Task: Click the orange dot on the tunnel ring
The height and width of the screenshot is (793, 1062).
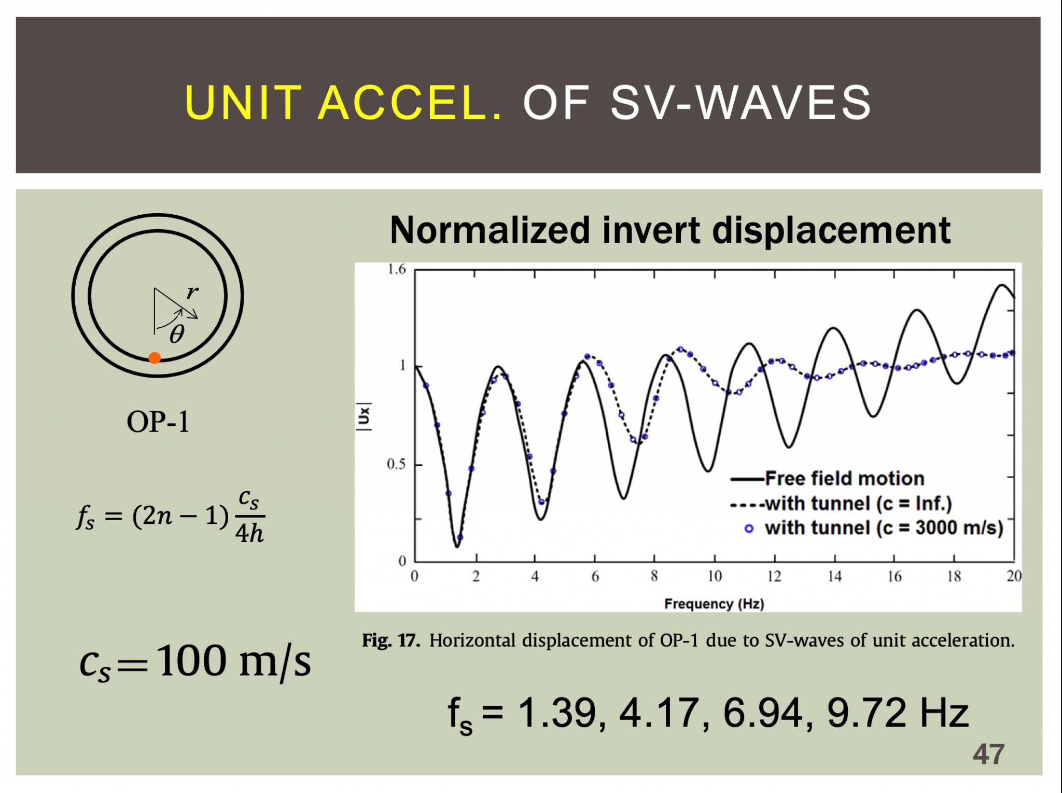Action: tap(155, 358)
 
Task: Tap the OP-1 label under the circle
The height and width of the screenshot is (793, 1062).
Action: tap(158, 422)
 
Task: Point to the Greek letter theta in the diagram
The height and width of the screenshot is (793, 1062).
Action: tap(177, 335)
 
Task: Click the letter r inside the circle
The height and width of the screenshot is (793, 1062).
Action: tap(192, 293)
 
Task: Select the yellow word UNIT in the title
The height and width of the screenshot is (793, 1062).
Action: tap(243, 103)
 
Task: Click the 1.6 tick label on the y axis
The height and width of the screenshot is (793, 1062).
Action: tap(397, 269)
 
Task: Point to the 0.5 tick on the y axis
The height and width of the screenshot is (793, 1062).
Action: tap(397, 464)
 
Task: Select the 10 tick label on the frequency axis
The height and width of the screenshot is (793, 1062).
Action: tap(715, 576)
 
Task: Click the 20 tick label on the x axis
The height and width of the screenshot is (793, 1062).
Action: tap(1014, 576)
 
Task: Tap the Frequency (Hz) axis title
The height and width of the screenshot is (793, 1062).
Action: tap(714, 604)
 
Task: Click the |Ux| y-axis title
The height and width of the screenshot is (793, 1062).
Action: tap(364, 416)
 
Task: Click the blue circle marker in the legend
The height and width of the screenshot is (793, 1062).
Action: tap(749, 528)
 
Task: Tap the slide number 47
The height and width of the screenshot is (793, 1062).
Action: tap(988, 754)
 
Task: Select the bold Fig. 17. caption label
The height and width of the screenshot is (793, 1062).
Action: tap(390, 641)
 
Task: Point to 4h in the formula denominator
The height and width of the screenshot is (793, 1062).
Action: tap(249, 533)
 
